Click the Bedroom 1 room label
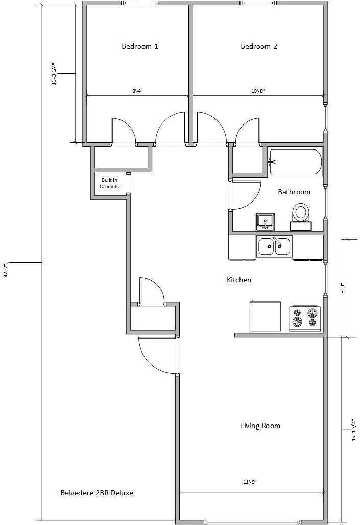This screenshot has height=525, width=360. pyautogui.click(x=140, y=46)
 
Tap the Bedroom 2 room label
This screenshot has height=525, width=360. pyautogui.click(x=259, y=46)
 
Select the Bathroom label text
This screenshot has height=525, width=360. pyautogui.click(x=294, y=192)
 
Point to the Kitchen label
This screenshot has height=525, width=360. pyautogui.click(x=238, y=280)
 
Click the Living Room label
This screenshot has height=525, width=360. pyautogui.click(x=260, y=426)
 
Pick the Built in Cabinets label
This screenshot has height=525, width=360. pyautogui.click(x=109, y=183)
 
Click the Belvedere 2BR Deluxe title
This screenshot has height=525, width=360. pyautogui.click(x=97, y=493)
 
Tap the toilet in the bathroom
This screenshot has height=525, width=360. pyautogui.click(x=300, y=217)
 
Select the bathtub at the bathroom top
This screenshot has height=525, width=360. pyautogui.click(x=295, y=162)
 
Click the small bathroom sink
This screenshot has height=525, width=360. pyautogui.click(x=265, y=222)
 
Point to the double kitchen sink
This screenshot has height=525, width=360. pyautogui.click(x=274, y=247)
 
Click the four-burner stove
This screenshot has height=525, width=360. pyautogui.click(x=305, y=318)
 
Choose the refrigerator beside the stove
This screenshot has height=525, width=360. pyautogui.click(x=265, y=316)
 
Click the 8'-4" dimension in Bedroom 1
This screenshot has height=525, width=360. pyautogui.click(x=137, y=91)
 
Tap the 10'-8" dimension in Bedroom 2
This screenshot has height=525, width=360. pyautogui.click(x=258, y=91)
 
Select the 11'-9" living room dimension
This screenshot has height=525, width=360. pyautogui.click(x=250, y=482)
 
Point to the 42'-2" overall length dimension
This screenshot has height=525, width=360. pyautogui.click(x=5, y=270)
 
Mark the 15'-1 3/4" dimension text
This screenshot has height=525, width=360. pyautogui.click(x=354, y=430)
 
